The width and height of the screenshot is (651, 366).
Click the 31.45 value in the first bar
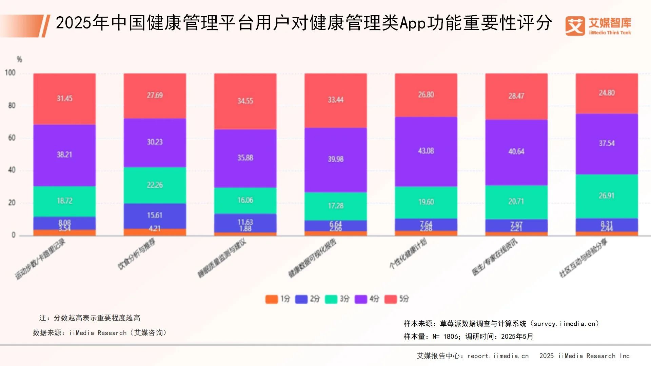tap(64, 99)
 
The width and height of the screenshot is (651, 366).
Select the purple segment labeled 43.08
tap(426, 151)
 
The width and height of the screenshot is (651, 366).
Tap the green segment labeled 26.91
tap(607, 196)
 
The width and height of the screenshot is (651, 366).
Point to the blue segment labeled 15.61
tap(155, 216)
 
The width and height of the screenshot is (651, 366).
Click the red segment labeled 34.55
tap(245, 101)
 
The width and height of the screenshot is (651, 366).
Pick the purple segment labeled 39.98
tap(336, 159)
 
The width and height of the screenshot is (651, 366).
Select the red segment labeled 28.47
tap(516, 96)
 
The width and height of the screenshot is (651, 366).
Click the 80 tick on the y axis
tap(12, 106)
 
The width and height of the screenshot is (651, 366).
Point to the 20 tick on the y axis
tap(12, 203)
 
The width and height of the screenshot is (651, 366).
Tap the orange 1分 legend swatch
tap(271, 299)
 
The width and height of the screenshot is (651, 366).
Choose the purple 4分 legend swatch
tap(361, 299)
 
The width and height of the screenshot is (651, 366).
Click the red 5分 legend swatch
tap(390, 299)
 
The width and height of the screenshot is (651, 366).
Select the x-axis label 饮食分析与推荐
tap(136, 254)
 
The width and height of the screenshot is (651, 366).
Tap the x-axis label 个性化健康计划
tap(408, 253)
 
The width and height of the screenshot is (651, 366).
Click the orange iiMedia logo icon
tap(575, 26)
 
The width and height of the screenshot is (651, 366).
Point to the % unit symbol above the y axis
tap(19, 60)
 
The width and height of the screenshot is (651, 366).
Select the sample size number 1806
tap(451, 337)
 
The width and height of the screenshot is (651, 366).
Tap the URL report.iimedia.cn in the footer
tap(498, 356)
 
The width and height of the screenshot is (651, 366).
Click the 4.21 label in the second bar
tap(155, 229)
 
